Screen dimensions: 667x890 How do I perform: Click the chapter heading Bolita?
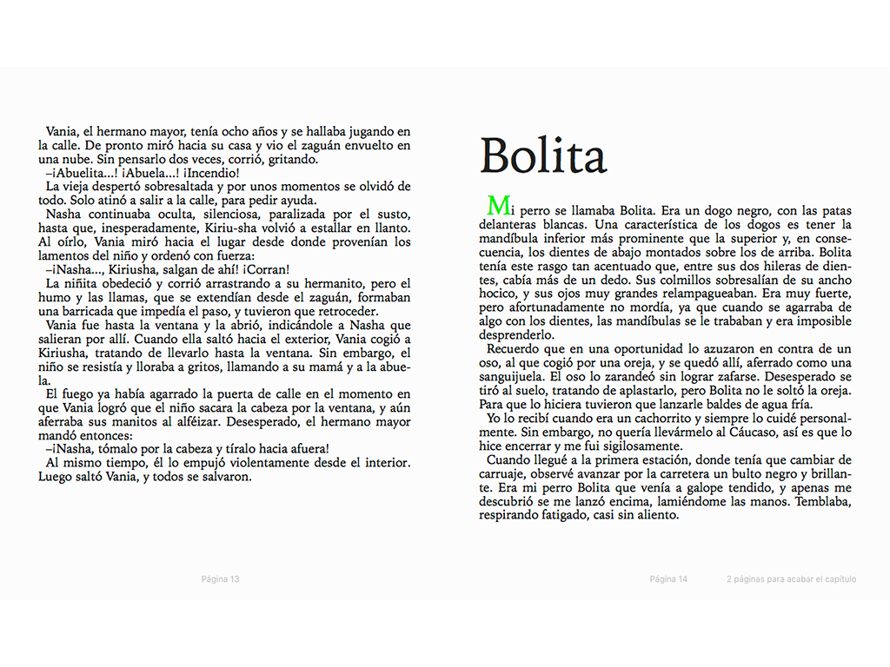pyautogui.click(x=543, y=157)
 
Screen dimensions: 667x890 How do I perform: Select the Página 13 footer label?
pyautogui.click(x=220, y=579)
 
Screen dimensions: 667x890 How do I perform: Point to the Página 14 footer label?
pyautogui.click(x=668, y=579)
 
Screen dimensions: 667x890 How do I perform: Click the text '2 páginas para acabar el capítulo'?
pyautogui.click(x=791, y=579)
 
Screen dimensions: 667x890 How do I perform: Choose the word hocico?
pyautogui.click(x=499, y=294)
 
